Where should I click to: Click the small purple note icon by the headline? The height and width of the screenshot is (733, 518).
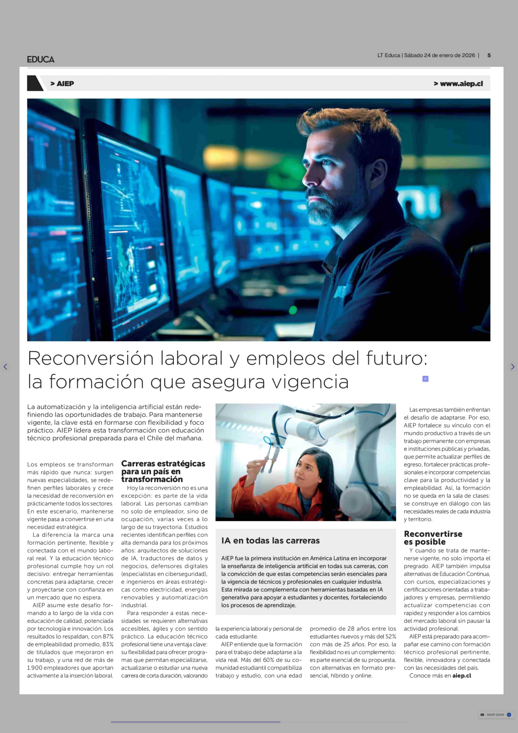tap(425, 379)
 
